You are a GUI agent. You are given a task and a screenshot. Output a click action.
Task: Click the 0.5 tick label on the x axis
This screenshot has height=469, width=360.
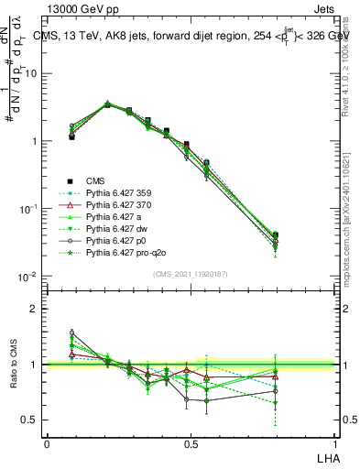(x=191, y=442)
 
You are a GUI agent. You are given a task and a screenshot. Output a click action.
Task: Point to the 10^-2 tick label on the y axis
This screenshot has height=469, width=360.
(x=29, y=277)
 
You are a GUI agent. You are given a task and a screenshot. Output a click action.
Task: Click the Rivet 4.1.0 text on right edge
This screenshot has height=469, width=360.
(x=345, y=64)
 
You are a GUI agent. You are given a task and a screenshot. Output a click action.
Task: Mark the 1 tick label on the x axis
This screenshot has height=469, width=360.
(x=335, y=442)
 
